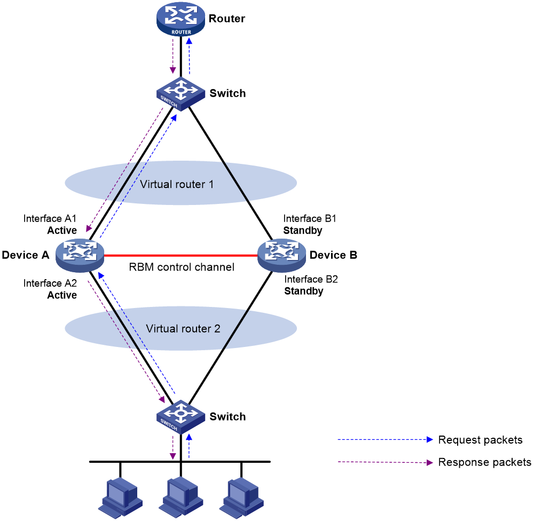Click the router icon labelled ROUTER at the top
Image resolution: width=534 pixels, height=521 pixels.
click(x=180, y=19)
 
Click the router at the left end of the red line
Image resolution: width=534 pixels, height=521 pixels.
click(x=80, y=255)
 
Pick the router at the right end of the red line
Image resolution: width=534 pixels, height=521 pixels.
click(x=281, y=255)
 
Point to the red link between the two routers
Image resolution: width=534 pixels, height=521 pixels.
click(x=180, y=256)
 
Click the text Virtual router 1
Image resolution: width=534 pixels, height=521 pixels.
click(x=177, y=184)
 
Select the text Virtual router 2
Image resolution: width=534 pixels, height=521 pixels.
click(x=183, y=329)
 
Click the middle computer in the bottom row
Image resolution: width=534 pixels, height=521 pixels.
click(x=182, y=497)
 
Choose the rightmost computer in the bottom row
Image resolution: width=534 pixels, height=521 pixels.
click(x=243, y=497)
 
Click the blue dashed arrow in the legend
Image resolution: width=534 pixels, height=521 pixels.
click(x=384, y=439)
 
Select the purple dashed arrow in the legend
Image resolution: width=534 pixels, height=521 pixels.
click(x=384, y=462)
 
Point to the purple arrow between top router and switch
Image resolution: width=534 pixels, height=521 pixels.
click(x=172, y=57)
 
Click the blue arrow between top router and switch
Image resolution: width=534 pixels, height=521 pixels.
click(x=189, y=57)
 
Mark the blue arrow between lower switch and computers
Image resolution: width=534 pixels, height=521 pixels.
click(x=189, y=447)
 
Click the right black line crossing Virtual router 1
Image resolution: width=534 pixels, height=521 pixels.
click(x=235, y=182)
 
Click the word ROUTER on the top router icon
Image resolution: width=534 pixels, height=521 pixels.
click(x=181, y=32)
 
